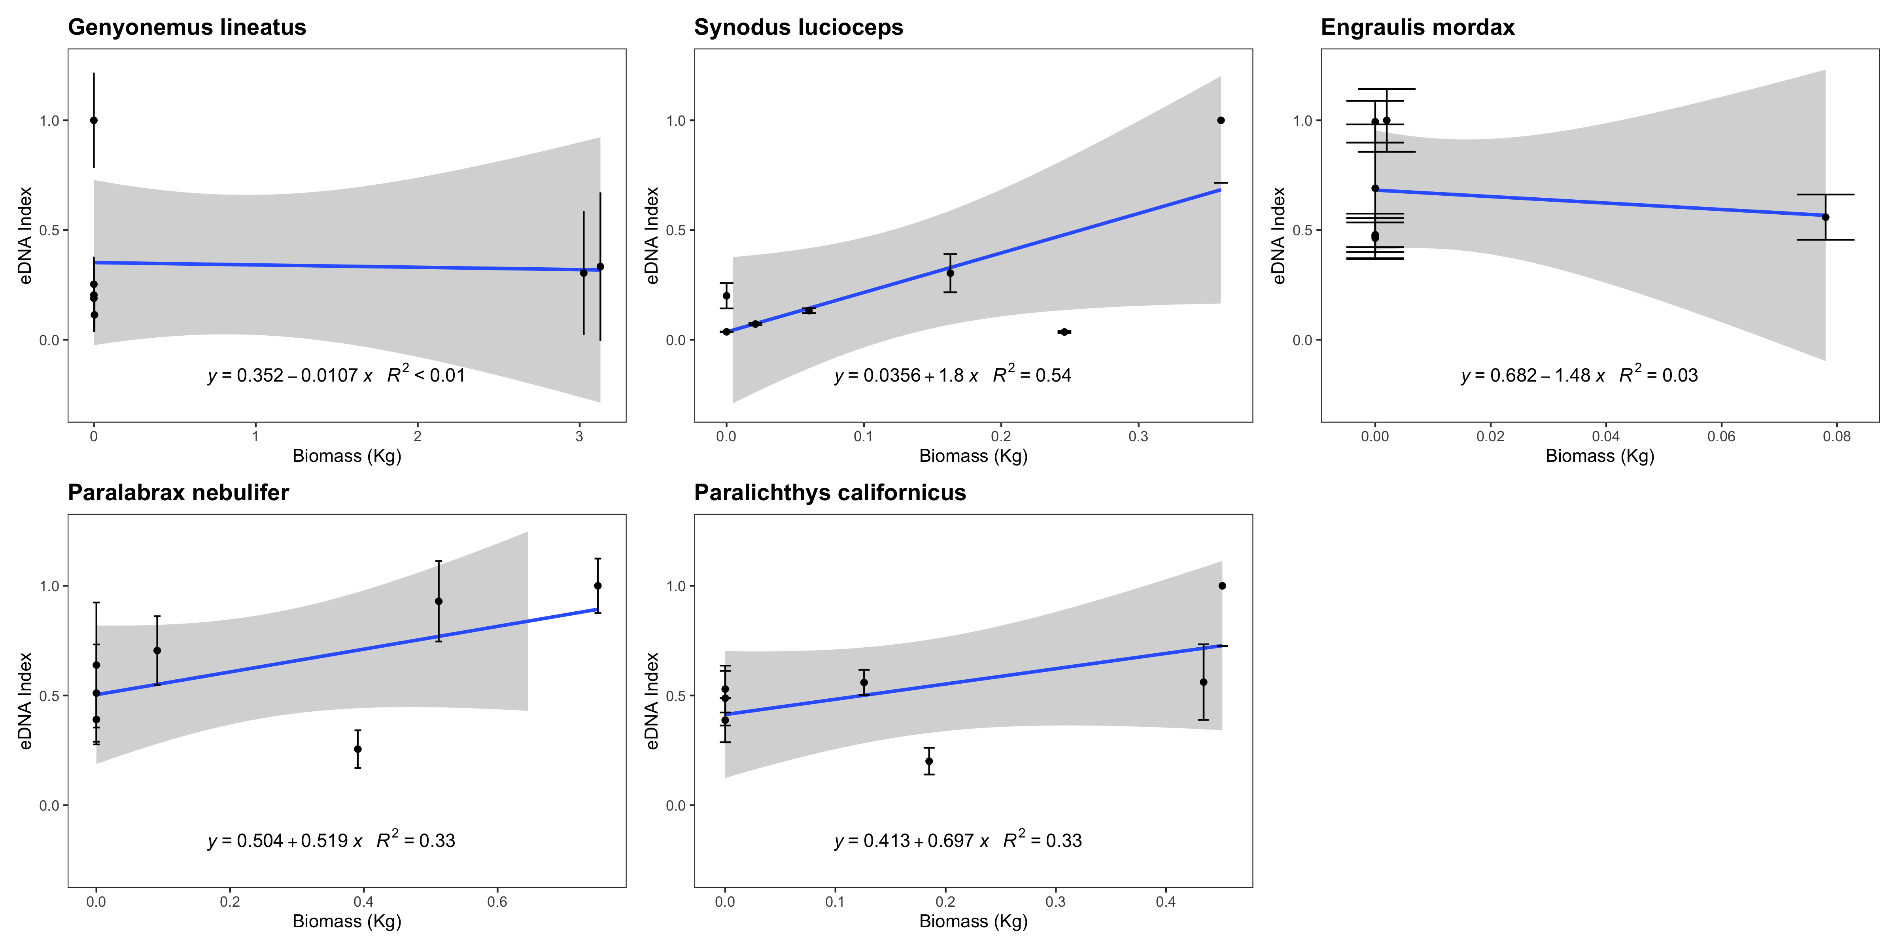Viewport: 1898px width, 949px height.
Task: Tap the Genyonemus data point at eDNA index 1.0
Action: (x=94, y=120)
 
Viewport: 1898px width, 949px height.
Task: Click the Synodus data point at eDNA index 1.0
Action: (x=1221, y=120)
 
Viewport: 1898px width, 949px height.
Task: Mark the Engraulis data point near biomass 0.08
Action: (x=1825, y=217)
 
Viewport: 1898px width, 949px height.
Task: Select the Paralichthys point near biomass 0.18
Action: (x=929, y=761)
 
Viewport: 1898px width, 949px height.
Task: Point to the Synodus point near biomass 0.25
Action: (x=1064, y=332)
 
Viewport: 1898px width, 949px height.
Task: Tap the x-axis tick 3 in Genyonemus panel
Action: (x=579, y=436)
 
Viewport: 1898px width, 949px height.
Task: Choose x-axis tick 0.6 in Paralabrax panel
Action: (x=497, y=902)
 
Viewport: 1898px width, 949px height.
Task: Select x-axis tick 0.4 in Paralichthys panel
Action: (x=1166, y=902)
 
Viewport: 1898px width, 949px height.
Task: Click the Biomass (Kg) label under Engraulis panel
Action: (x=1599, y=456)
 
